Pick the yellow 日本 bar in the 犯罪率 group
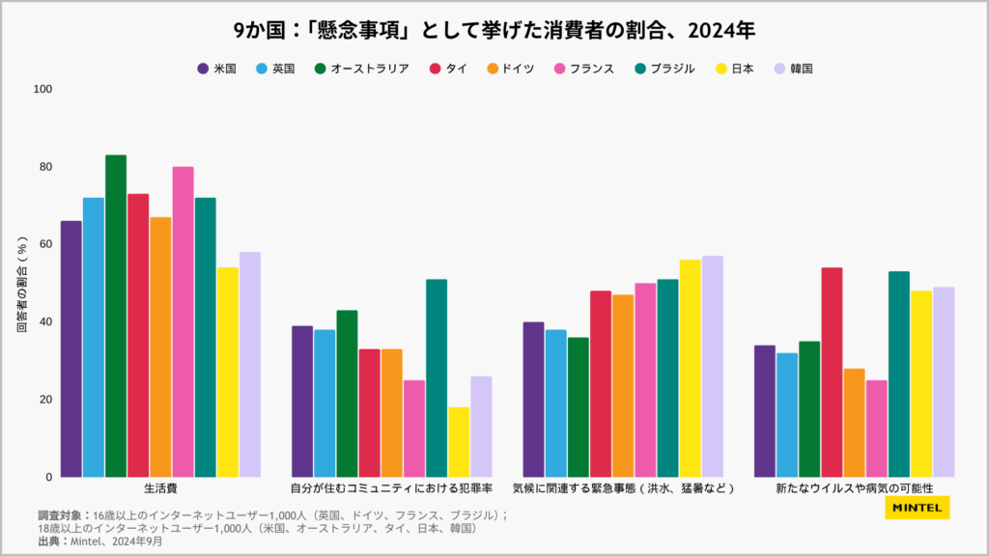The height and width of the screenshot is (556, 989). point(459,441)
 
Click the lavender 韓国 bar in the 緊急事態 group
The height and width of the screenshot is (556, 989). point(712,366)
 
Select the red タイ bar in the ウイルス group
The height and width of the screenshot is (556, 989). point(832,372)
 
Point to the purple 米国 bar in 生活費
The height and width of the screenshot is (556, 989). point(71,348)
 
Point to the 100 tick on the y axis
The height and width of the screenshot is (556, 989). point(42,90)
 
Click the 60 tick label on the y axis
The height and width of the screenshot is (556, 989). point(45,244)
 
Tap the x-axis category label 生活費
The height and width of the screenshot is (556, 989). point(160,488)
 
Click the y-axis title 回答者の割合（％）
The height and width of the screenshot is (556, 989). point(22,284)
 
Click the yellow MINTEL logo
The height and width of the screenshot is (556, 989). point(917,508)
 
